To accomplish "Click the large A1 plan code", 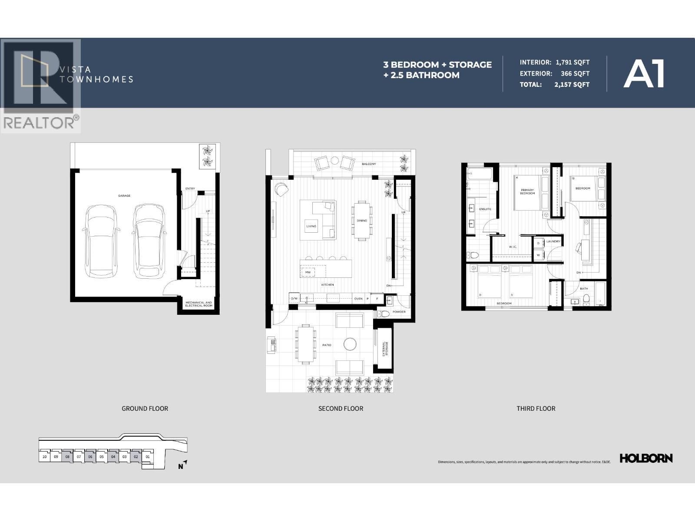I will click(x=644, y=74).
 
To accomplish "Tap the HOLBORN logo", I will click(x=645, y=458).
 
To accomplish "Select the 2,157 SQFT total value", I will click(x=572, y=85).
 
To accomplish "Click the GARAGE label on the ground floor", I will click(x=124, y=196).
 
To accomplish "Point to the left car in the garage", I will click(x=101, y=241).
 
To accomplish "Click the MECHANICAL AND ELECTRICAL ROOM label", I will click(x=199, y=304).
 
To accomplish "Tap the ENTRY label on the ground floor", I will click(x=190, y=188).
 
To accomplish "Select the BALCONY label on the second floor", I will click(x=369, y=164).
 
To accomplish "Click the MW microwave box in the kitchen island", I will click(x=308, y=272).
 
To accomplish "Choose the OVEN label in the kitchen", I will click(x=358, y=299).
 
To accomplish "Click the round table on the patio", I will click(x=350, y=344).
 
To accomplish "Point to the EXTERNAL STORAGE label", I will click(x=385, y=349).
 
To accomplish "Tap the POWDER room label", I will click(x=399, y=312).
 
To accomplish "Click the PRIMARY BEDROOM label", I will click(x=527, y=191).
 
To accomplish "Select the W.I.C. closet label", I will click(x=513, y=247).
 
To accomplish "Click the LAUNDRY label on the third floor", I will click(x=553, y=241).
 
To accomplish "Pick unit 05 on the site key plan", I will click(x=101, y=457).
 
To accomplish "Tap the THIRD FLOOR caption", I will click(x=536, y=409).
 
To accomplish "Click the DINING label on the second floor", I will click(x=362, y=221).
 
